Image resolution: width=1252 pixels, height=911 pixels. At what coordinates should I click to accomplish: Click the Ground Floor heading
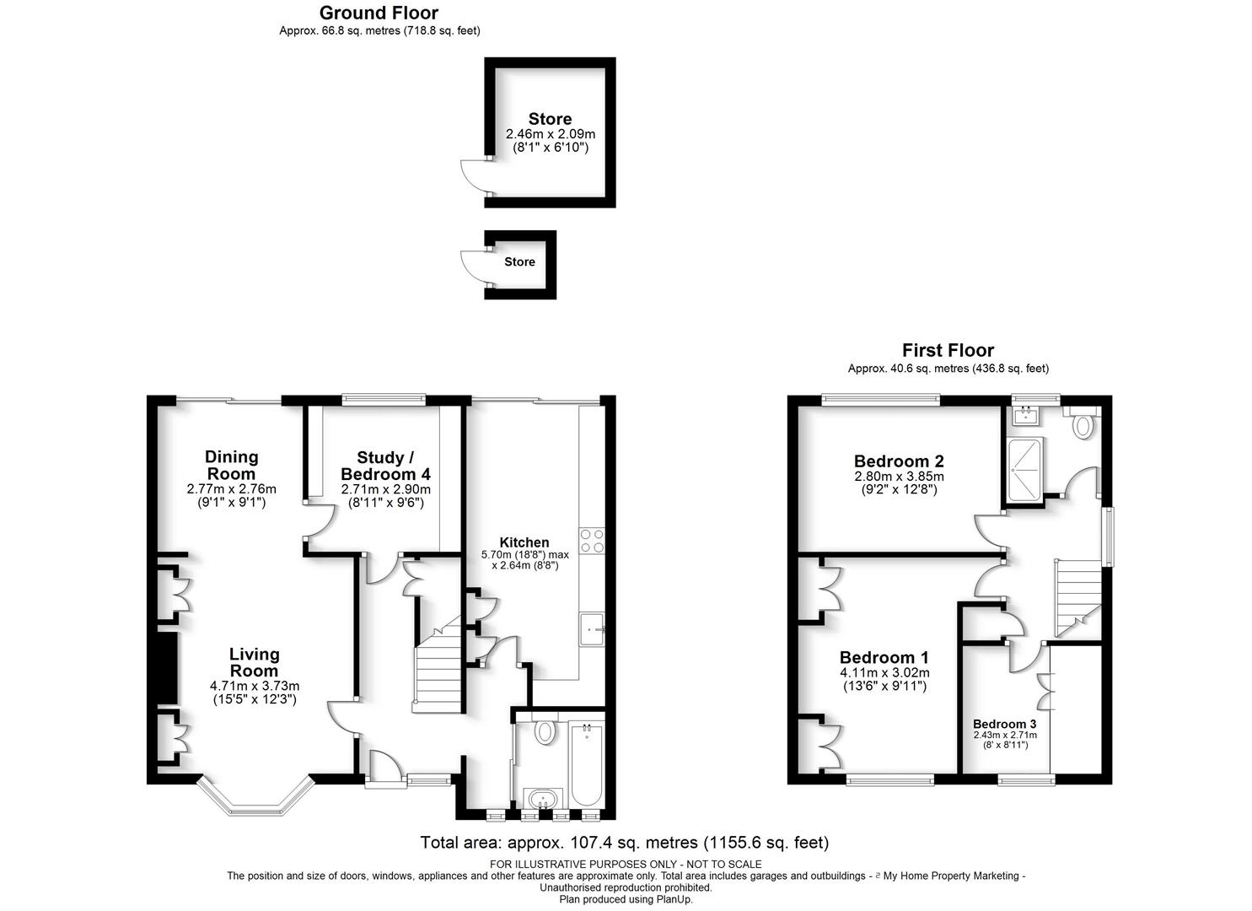point(379,13)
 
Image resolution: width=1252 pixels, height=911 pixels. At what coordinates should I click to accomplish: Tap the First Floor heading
point(948,350)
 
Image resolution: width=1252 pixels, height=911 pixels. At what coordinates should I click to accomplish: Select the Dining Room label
point(231,465)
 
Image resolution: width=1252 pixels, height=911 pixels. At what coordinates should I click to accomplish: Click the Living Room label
point(254,662)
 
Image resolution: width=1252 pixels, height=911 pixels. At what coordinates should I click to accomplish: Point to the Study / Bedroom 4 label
point(385,465)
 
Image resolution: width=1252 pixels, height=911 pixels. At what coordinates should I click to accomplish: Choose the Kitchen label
point(524,542)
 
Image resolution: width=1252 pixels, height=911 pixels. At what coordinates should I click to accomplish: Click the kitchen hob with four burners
point(591,540)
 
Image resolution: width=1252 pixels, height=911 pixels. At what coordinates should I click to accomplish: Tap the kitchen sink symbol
point(592,628)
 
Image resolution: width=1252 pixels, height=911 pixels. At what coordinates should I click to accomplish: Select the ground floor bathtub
point(586,763)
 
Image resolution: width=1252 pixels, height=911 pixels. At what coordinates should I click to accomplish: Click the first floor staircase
point(1077,599)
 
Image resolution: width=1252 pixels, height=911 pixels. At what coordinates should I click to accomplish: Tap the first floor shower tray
point(1025,467)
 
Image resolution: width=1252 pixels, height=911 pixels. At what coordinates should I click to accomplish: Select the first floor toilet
point(1082,423)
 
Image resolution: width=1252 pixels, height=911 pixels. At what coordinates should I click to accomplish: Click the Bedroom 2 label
point(898,461)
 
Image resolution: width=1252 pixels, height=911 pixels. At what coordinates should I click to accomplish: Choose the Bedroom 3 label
point(1004,724)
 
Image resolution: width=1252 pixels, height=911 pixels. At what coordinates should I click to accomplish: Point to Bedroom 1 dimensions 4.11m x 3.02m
point(884,673)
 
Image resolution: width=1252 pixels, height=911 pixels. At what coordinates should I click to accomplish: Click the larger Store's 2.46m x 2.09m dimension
point(550,134)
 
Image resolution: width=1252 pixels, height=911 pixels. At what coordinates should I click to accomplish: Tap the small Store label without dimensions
point(519,261)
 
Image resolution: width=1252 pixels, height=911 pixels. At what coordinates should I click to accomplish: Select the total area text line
point(624,843)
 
